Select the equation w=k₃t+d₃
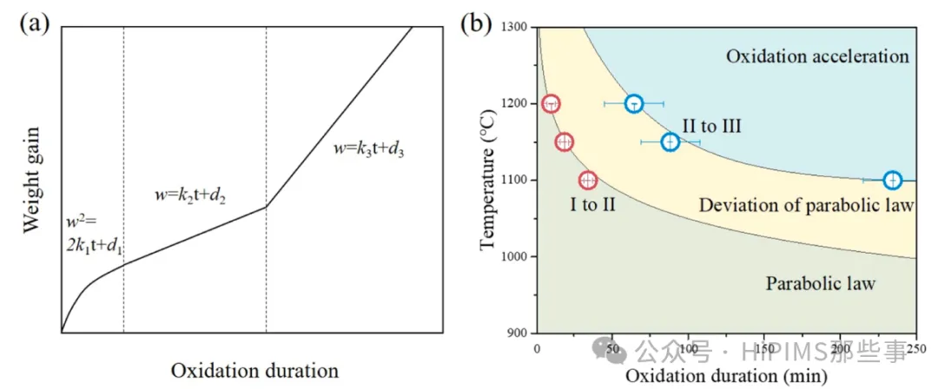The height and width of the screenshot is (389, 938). (369, 148)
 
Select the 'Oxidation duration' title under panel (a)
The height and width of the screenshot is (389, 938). (254, 371)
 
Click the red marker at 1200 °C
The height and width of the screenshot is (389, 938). (551, 104)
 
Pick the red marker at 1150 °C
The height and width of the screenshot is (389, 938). (565, 142)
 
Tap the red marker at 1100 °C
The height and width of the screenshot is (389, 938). (588, 181)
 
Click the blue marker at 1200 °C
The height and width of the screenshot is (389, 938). (634, 104)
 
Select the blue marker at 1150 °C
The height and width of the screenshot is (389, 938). (670, 142)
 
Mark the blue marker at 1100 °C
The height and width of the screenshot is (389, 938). (892, 181)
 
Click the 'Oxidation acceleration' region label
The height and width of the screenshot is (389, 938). (817, 57)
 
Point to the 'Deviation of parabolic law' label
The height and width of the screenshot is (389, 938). (806, 206)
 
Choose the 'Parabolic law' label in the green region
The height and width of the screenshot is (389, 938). (821, 283)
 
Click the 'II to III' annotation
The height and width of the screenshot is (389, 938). (711, 127)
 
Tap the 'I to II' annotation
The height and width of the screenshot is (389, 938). (593, 206)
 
